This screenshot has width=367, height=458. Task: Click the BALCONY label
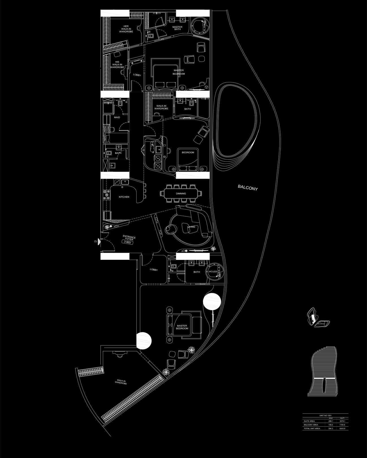point(248,188)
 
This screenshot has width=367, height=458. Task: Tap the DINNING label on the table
point(181,194)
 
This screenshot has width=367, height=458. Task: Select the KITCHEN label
point(124,197)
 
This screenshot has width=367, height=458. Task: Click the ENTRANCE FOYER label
point(129,238)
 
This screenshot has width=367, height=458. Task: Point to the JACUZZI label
point(213,271)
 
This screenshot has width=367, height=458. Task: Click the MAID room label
point(117,117)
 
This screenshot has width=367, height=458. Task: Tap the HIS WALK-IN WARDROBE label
point(117,64)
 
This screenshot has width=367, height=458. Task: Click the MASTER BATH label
point(177,28)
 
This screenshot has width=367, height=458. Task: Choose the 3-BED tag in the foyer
point(128,242)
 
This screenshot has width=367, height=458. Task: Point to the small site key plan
point(318,318)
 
